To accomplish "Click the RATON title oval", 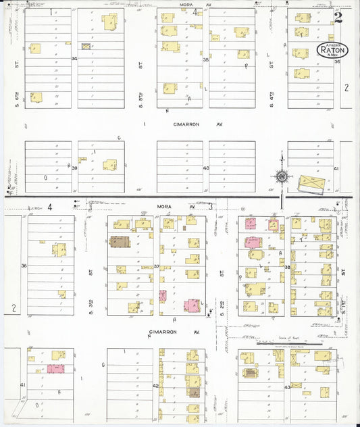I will (x=332, y=49).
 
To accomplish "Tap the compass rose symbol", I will (x=282, y=177).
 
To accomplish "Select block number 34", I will (x=74, y=59).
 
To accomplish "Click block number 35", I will (x=205, y=59).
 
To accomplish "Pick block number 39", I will (x=74, y=168).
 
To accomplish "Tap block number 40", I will (x=205, y=168).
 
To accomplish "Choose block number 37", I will (x=157, y=266).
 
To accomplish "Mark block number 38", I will (x=287, y=267).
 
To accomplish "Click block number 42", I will (x=155, y=386).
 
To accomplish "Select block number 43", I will (x=287, y=386).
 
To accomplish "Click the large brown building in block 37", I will (x=120, y=241).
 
